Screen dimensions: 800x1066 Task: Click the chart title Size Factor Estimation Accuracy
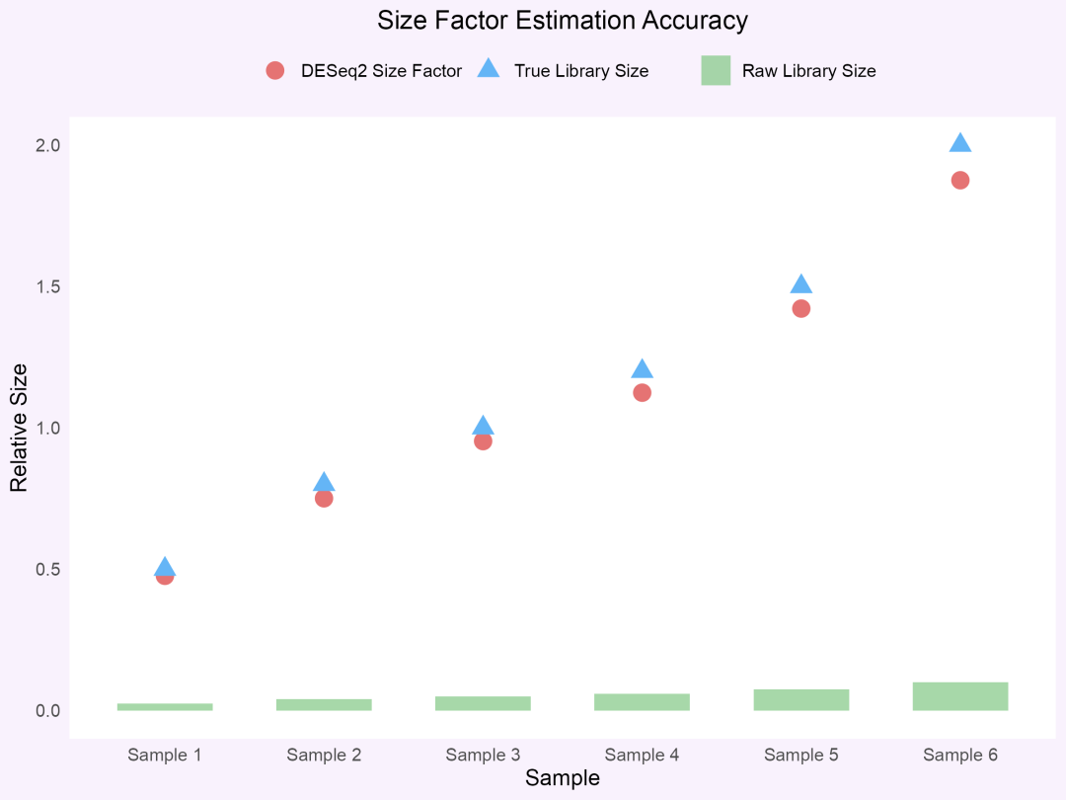point(563,21)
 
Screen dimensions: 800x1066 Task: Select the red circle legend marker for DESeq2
point(275,70)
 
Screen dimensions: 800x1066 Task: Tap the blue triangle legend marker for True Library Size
point(489,69)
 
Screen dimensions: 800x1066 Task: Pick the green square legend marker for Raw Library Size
point(716,70)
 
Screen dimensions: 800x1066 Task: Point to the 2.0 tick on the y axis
point(48,145)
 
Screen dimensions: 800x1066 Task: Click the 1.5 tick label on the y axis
point(48,286)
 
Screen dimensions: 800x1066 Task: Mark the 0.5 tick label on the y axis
point(48,570)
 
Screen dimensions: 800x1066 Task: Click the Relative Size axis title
point(20,428)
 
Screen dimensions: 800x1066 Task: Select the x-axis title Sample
point(562,778)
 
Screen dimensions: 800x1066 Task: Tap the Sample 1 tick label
point(165,756)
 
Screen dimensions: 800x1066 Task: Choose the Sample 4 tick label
point(642,756)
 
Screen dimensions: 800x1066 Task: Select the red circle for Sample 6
point(960,180)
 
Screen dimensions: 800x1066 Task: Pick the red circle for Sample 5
point(801,308)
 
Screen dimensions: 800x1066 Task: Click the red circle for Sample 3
point(483,441)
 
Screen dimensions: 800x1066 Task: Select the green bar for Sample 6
point(960,696)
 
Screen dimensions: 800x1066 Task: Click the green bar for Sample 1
point(165,707)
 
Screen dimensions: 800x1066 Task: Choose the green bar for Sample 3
point(483,703)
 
